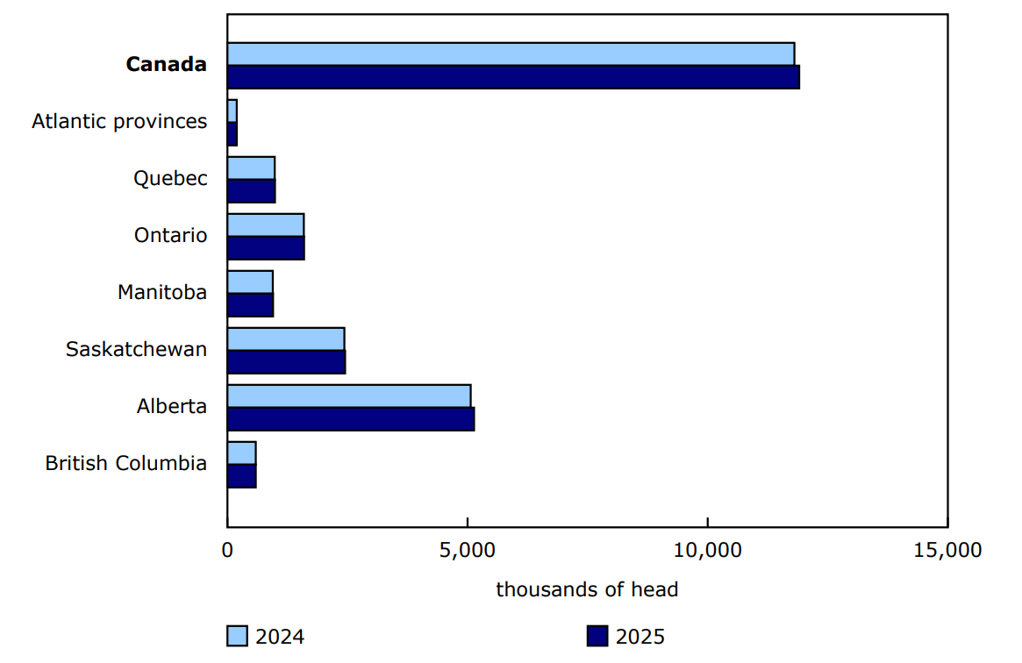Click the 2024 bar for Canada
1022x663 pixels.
pyautogui.click(x=511, y=53)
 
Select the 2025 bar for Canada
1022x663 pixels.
pyautogui.click(x=513, y=77)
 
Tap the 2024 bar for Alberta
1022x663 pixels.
pyautogui.click(x=349, y=396)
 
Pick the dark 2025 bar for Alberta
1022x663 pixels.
pyautogui.click(x=351, y=419)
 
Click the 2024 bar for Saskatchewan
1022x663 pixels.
pyautogui.click(x=286, y=339)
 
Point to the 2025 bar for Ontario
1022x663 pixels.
pyautogui.click(x=266, y=248)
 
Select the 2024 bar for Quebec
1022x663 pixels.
pyautogui.click(x=251, y=168)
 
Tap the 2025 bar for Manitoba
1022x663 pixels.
pyautogui.click(x=250, y=305)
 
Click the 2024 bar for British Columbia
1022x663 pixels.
pyautogui.click(x=241, y=453)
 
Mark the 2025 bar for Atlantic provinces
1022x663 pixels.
pyautogui.click(x=232, y=134)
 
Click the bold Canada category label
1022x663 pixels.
pyautogui.click(x=167, y=64)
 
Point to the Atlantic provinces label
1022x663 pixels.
pyautogui.click(x=119, y=121)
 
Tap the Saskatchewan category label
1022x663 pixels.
pyautogui.click(x=136, y=349)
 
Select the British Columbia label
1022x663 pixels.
pyautogui.click(x=126, y=463)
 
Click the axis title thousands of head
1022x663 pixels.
pyautogui.click(x=587, y=589)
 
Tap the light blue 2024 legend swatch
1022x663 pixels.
pyautogui.click(x=237, y=636)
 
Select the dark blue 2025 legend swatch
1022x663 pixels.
pyautogui.click(x=597, y=636)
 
